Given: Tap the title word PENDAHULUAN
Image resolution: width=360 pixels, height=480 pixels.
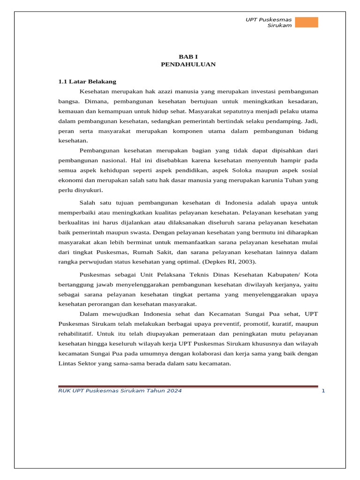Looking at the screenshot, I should tap(188, 64).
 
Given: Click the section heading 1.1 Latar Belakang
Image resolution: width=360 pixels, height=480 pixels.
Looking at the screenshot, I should tap(87, 82).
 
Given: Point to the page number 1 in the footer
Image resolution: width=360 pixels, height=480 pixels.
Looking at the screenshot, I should tap(323, 391).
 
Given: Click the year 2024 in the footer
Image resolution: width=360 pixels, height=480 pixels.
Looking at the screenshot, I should tap(174, 391).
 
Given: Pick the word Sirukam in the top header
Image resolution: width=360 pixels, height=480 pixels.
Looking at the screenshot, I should tap(279, 25).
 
